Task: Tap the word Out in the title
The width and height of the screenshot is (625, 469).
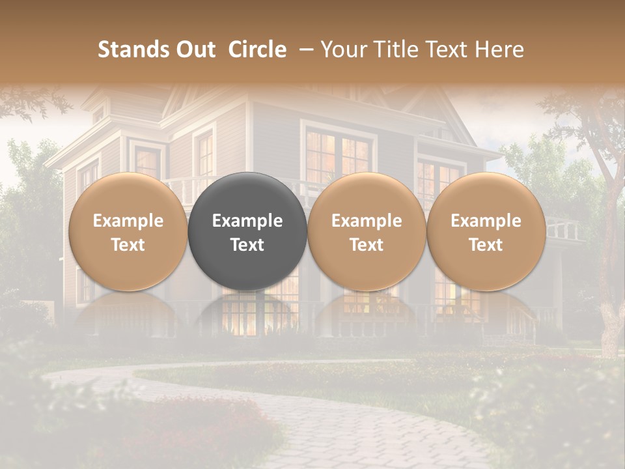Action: coord(195,50)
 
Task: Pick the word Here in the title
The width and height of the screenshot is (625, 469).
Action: coord(501,50)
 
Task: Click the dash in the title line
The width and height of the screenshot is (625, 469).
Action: coord(303,50)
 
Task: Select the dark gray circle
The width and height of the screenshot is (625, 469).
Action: coord(247,231)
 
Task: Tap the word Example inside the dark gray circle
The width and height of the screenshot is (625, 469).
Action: coord(247,221)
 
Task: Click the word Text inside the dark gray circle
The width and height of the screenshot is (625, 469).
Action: coord(247,245)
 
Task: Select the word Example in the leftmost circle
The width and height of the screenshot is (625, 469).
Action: coord(128,221)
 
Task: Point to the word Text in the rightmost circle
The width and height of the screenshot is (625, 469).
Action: coord(486,245)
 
